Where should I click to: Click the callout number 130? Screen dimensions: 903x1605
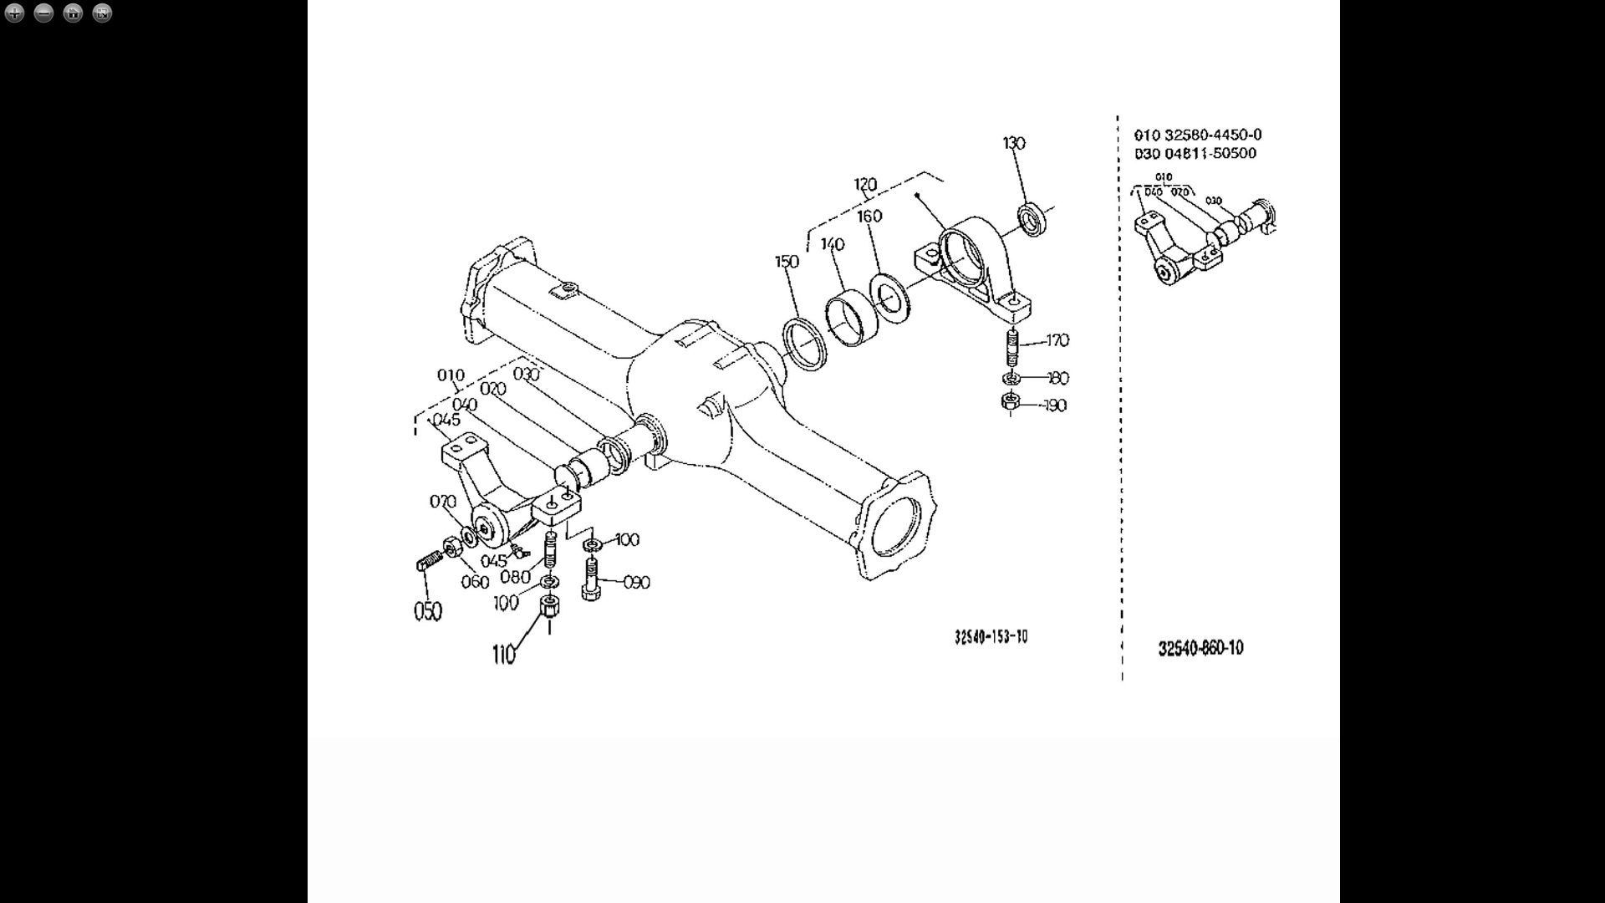[1013, 143]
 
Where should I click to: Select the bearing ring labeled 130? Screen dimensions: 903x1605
[1035, 219]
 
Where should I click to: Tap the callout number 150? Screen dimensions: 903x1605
[787, 262]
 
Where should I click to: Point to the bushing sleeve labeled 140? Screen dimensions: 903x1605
[852, 317]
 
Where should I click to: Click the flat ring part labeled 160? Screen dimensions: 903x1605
[892, 296]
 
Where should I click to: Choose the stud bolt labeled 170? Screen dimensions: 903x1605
[1012, 347]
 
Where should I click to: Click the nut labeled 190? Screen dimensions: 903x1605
[1010, 403]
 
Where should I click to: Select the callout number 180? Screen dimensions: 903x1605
[1057, 378]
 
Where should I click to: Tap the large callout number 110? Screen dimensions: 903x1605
[503, 655]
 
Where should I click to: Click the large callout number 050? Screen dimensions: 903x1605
[427, 612]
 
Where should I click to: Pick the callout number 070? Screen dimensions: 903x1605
[442, 502]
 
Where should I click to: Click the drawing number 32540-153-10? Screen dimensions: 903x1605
[991, 637]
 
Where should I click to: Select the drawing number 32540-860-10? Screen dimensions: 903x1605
[1200, 648]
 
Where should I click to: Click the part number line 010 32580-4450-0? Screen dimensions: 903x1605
[1197, 135]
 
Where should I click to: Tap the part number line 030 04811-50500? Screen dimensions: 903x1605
[1195, 153]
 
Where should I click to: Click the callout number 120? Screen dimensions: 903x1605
[865, 185]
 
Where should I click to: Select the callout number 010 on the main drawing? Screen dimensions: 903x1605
[451, 375]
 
